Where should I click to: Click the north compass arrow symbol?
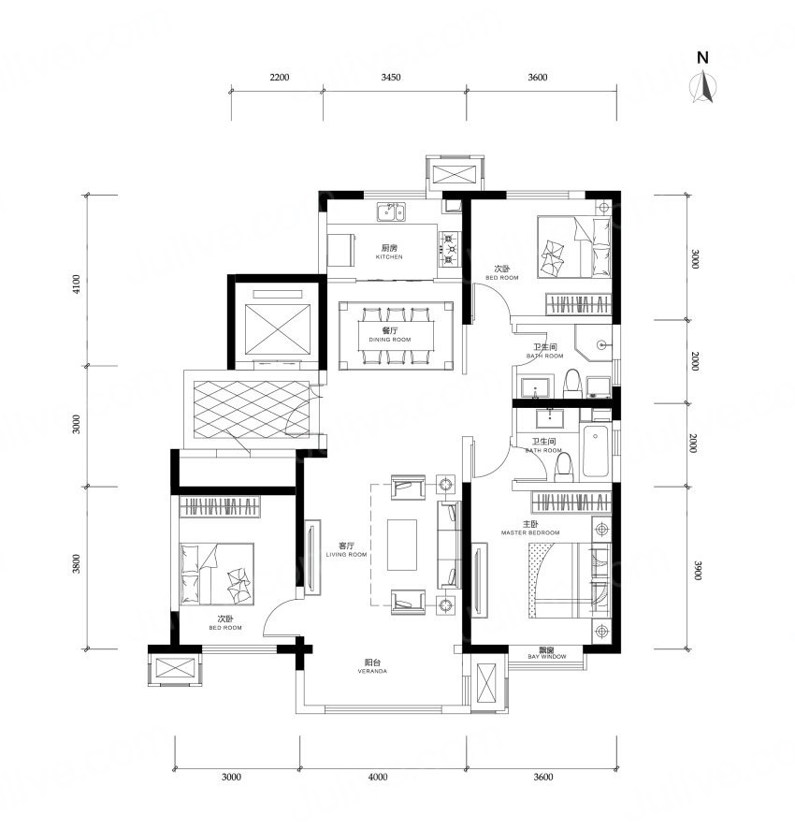coord(703,87)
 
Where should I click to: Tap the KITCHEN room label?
coord(389,256)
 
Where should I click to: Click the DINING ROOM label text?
coord(390,340)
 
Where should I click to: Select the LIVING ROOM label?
coord(346,554)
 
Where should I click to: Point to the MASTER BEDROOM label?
coord(530,532)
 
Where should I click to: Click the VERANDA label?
coord(372,671)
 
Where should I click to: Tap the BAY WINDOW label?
coord(547,656)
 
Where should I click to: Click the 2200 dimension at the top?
coord(280,78)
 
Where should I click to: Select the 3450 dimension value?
coord(391,78)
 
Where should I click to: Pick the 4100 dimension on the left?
coord(78,284)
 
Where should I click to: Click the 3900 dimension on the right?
coord(697,571)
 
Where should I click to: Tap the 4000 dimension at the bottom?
coord(378,777)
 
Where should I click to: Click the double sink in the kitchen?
coord(391,211)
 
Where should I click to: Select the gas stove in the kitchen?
coord(448,248)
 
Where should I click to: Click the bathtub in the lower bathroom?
coord(596,450)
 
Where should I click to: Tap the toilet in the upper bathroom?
coord(572,384)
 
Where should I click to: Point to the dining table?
coord(397,336)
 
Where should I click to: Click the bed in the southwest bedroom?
coord(217,574)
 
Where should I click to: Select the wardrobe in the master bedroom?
coord(571,502)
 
